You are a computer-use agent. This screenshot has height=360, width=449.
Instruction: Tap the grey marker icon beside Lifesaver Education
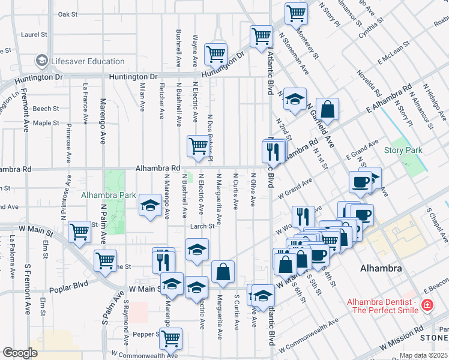click(x=42, y=61)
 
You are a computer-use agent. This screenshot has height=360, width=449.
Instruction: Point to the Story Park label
click(x=403, y=150)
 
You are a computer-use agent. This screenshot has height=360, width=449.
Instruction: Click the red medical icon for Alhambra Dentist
click(x=427, y=305)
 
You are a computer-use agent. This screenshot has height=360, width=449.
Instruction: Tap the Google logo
click(x=20, y=353)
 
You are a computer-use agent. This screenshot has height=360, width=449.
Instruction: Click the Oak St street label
click(x=68, y=14)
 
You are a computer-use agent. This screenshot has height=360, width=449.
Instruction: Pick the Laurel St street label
click(x=34, y=35)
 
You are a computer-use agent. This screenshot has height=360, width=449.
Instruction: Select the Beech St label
click(x=46, y=109)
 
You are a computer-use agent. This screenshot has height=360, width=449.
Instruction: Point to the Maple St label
click(x=46, y=123)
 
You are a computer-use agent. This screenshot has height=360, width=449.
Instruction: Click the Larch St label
click(x=202, y=226)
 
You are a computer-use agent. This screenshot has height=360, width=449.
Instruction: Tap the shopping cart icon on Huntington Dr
click(x=215, y=54)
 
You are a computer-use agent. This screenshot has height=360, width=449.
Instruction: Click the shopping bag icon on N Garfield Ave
click(x=327, y=110)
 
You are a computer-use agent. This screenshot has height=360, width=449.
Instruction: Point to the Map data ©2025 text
click(x=424, y=355)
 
